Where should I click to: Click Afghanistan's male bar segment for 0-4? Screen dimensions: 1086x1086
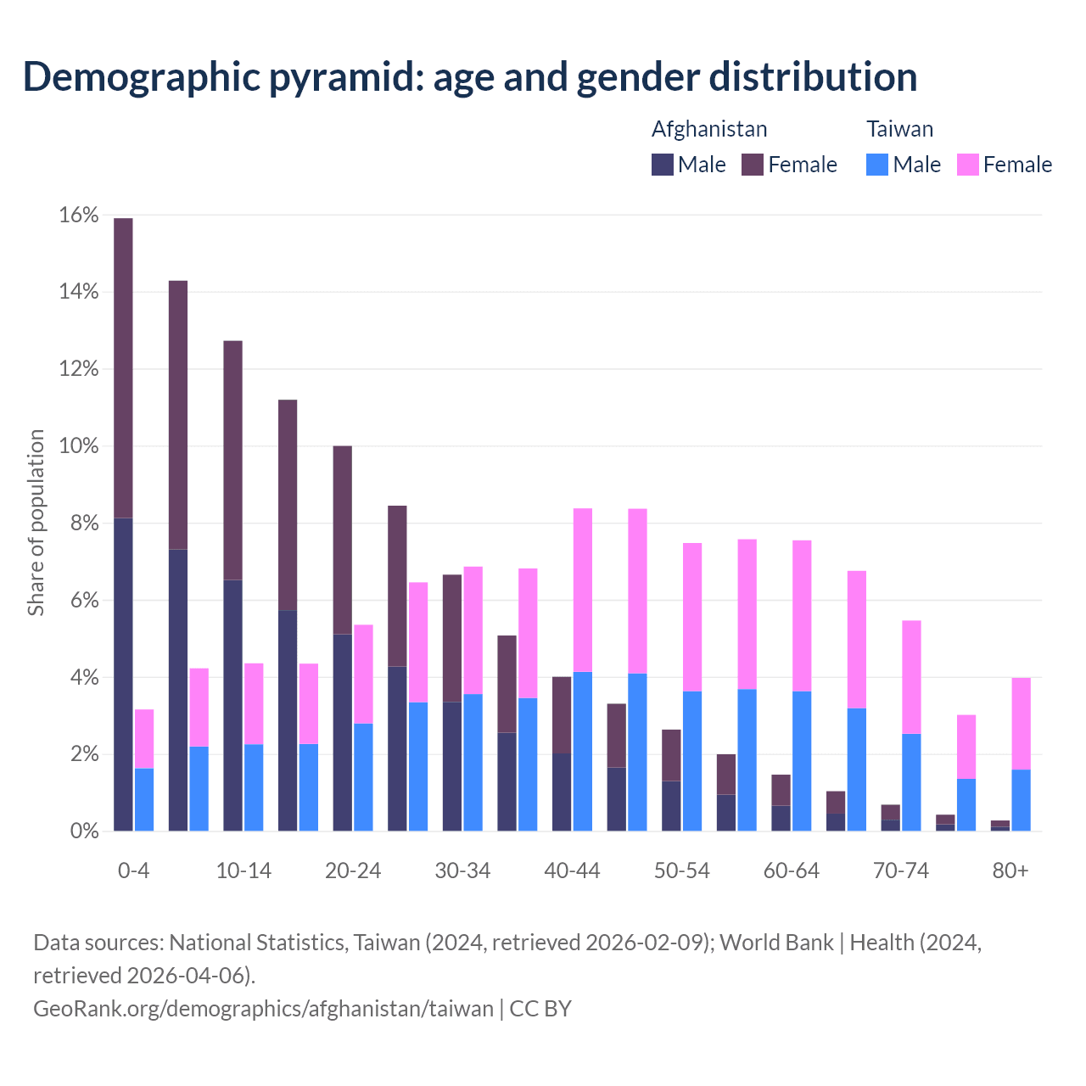point(123,675)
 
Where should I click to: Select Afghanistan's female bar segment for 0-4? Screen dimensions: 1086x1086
point(123,367)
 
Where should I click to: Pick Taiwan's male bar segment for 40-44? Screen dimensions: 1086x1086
point(583,751)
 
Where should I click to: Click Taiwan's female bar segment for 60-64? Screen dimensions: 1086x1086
point(802,616)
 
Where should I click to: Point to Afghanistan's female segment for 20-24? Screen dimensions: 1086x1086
point(343,540)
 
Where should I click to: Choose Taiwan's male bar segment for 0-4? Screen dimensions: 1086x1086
point(144,799)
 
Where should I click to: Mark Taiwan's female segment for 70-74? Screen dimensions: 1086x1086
point(911,677)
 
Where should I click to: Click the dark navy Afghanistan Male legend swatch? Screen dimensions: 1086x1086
point(663,165)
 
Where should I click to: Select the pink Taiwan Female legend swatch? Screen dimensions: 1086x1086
point(967,165)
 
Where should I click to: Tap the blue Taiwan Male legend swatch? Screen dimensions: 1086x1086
point(877,165)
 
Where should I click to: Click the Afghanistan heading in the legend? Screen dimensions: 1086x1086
point(709,129)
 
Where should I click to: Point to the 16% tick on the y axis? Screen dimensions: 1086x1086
point(79,216)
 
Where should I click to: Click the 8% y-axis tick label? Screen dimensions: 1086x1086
point(84,523)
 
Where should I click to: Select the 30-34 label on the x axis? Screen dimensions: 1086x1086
point(462,871)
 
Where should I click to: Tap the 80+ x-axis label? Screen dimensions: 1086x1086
point(1010,871)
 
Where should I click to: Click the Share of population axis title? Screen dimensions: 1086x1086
point(36,523)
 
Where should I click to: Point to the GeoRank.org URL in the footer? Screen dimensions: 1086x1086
point(263,1008)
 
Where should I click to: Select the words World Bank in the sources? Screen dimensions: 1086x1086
point(776,942)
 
